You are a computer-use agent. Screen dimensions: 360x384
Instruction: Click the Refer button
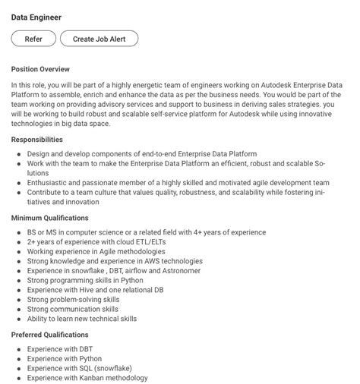[x=33, y=39]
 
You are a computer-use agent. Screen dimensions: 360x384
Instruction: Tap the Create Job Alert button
[x=99, y=39]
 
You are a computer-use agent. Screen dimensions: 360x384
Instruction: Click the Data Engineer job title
[x=36, y=17]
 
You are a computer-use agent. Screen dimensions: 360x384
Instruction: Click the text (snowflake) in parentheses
[x=115, y=368]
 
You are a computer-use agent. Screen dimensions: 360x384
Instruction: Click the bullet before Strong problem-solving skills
[x=18, y=300]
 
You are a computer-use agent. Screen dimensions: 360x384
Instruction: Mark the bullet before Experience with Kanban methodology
[x=18, y=378]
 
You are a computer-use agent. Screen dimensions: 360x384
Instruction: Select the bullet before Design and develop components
[x=18, y=154]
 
